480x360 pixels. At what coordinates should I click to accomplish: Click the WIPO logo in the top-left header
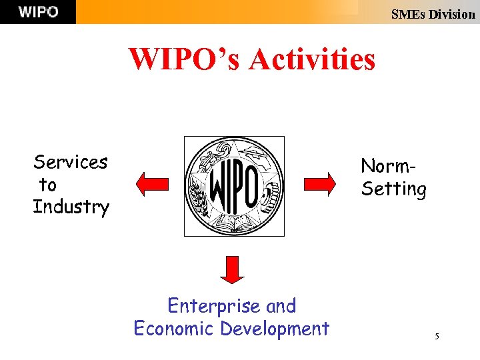click(38, 12)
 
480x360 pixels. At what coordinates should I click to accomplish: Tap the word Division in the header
click(451, 14)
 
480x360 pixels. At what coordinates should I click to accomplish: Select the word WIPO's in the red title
click(185, 59)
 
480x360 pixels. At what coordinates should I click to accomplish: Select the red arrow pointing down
click(232, 270)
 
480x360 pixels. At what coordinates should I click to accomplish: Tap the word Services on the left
click(71, 162)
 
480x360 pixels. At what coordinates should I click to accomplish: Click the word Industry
click(71, 207)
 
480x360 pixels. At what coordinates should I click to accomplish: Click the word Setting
click(393, 189)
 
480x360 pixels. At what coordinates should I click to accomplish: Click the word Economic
click(174, 329)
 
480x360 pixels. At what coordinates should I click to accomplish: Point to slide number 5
click(437, 337)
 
